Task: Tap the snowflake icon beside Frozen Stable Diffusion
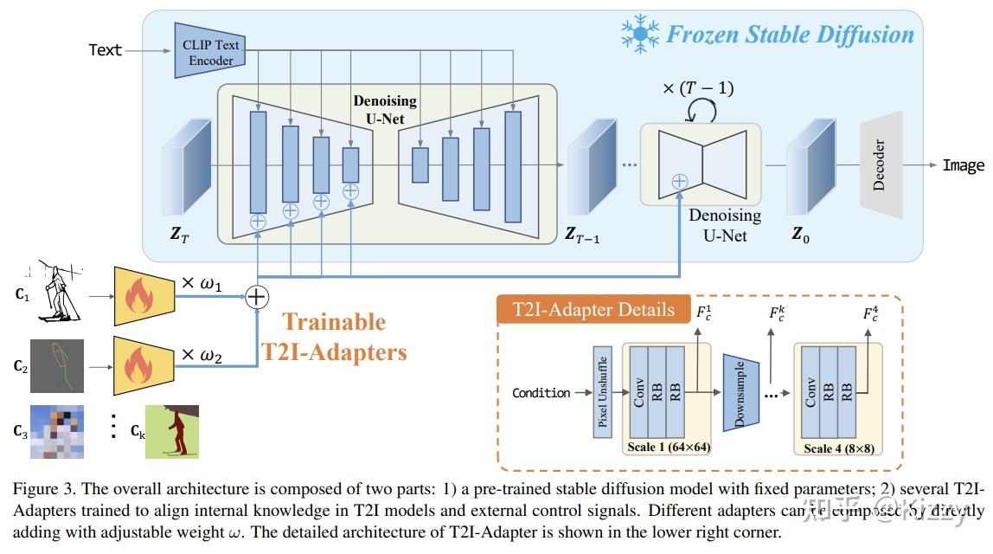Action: tap(641, 34)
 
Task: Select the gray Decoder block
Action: tap(881, 164)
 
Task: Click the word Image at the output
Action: tap(963, 165)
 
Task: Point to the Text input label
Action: tap(106, 50)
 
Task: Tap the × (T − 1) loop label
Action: tap(698, 87)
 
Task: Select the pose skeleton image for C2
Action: tap(57, 366)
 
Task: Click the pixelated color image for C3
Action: tap(57, 430)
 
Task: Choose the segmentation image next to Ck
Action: tap(171, 431)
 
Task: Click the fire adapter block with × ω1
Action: tap(144, 295)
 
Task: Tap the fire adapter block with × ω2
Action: tap(144, 365)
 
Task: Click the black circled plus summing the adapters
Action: tap(257, 296)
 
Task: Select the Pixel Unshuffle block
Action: tap(602, 392)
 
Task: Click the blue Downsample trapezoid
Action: tap(740, 392)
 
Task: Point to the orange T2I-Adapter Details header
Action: tap(593, 310)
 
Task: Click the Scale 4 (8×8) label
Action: tap(838, 448)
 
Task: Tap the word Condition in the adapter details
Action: tap(541, 392)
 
